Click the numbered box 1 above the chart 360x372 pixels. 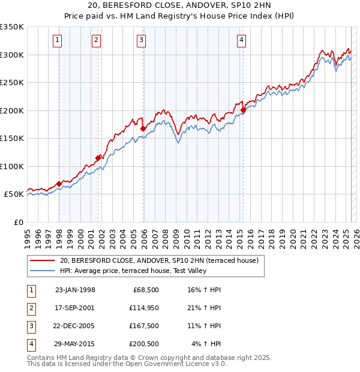[x=57, y=40]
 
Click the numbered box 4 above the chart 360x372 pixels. [x=241, y=40]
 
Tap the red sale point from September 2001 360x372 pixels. [x=98, y=158]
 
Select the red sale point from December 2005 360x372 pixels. [x=143, y=128]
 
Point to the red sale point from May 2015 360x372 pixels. [x=244, y=110]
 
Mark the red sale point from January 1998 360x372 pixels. [x=59, y=184]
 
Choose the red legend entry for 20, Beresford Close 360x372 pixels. [x=159, y=260]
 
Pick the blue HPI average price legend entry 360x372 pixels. [x=133, y=271]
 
